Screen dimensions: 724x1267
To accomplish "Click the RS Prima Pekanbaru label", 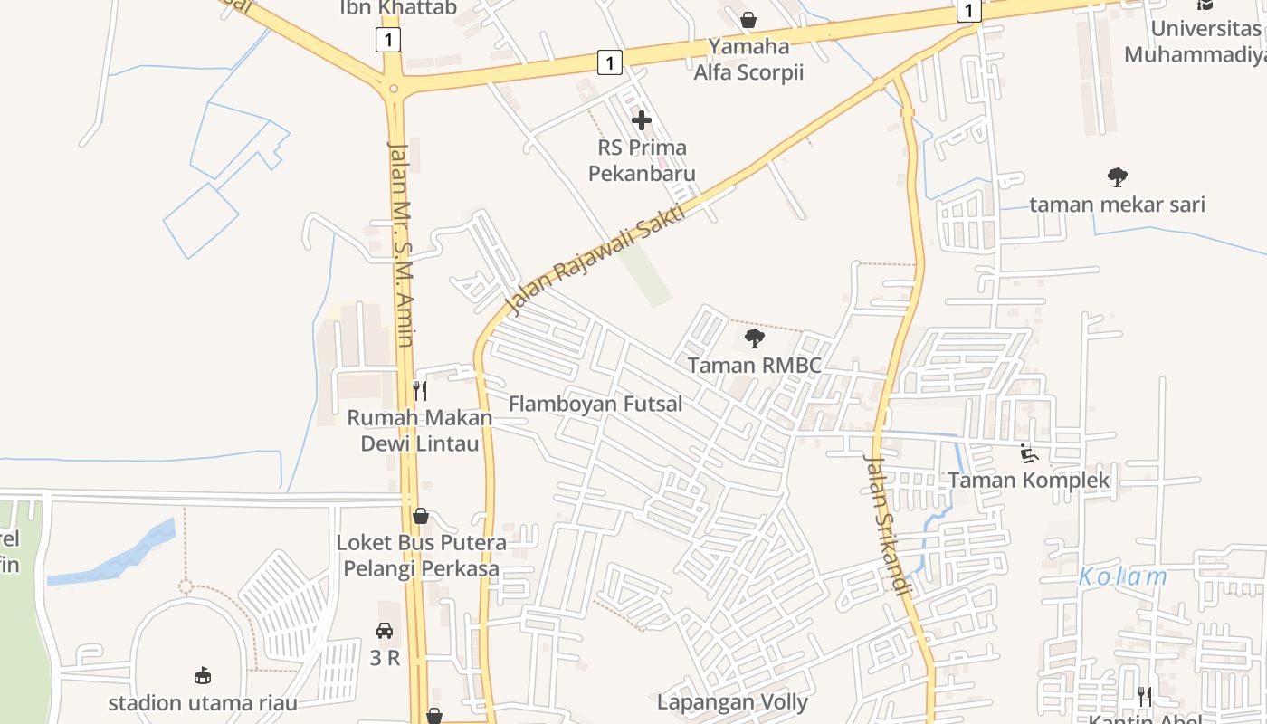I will click(642, 160).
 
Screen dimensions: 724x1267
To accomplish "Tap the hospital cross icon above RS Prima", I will click(642, 119).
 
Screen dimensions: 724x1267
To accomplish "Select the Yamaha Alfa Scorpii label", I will click(748, 59).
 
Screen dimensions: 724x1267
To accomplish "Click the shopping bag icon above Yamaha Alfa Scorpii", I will click(748, 20).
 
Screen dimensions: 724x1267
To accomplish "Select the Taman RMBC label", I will click(755, 366).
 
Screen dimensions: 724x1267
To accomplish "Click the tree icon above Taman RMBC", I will click(754, 339).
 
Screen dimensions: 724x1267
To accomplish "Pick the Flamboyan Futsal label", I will click(595, 404).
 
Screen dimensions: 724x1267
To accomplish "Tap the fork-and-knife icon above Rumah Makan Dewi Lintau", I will click(420, 391).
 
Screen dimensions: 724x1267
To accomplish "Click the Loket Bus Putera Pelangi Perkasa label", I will click(421, 556).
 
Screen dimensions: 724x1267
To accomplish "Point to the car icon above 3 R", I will click(385, 631).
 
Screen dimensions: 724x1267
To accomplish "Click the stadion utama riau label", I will click(203, 702).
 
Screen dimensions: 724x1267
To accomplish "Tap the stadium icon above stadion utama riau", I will click(203, 675).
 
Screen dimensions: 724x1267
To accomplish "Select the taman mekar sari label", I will click(1118, 205).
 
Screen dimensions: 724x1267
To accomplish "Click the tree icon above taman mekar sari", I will click(1118, 177).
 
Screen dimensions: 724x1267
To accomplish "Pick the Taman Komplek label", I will click(1029, 480).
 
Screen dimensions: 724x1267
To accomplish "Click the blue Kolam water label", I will click(1123, 576).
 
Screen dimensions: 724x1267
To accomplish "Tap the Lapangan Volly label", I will click(732, 701).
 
